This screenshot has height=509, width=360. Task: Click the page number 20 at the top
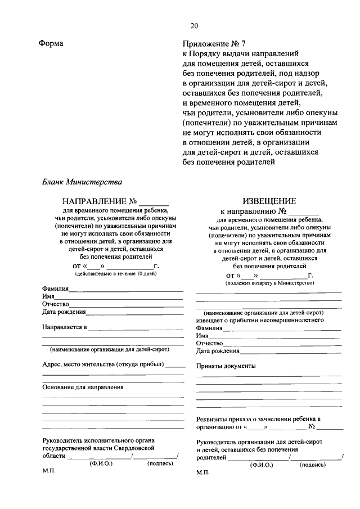(x=194, y=25)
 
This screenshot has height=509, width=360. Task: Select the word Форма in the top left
(x=51, y=43)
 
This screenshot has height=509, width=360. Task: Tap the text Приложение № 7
(x=214, y=43)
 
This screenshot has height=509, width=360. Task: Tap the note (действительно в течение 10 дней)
(x=116, y=273)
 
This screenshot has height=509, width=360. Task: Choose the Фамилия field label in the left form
(x=56, y=289)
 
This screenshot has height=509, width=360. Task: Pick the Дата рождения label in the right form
(x=218, y=350)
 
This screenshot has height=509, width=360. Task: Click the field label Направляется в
(x=65, y=327)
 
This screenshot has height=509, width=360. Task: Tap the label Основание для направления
(x=83, y=387)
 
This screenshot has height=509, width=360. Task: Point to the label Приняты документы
(x=226, y=366)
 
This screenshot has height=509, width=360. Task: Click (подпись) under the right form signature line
(x=313, y=465)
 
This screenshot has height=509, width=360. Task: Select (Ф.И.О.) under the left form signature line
(x=101, y=463)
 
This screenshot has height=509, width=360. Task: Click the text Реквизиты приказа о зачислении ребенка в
(x=258, y=419)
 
